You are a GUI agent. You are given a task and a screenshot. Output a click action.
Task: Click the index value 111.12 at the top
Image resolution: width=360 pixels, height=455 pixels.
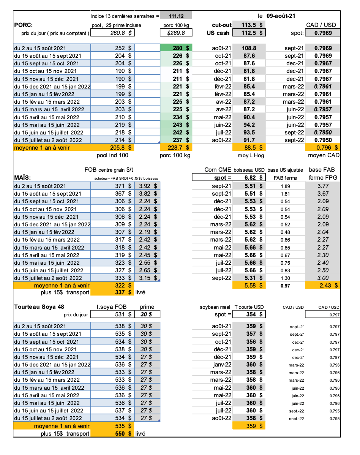click(x=176, y=16)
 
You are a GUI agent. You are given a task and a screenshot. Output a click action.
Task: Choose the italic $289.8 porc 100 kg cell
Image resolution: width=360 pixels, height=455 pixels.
click(x=176, y=33)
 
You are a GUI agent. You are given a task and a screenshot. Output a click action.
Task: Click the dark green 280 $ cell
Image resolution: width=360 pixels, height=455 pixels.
click(x=176, y=48)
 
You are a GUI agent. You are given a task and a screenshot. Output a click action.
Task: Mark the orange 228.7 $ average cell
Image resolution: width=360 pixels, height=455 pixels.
click(x=176, y=147)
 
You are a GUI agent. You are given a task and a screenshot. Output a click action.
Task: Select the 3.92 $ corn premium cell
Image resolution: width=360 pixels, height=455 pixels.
click(x=147, y=186)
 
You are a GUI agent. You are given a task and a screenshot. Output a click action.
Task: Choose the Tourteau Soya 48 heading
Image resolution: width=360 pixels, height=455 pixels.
click(x=39, y=307)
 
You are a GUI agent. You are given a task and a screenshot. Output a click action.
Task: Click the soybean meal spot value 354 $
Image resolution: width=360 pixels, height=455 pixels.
click(x=253, y=314)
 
